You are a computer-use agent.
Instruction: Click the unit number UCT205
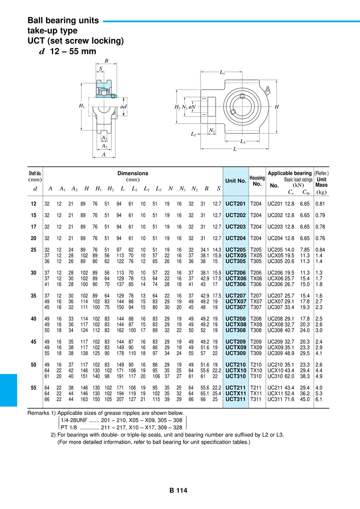tap(235, 249)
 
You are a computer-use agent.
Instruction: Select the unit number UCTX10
tap(236, 370)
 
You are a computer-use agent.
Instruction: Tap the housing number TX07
tap(256, 301)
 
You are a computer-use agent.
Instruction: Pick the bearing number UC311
tap(275, 399)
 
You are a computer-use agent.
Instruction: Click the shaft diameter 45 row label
tap(33, 342)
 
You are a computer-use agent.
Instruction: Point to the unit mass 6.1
tap(319, 399)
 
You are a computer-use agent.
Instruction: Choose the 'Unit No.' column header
tap(236, 181)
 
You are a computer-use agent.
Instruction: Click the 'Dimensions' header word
tap(133, 173)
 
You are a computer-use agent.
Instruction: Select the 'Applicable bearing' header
tap(290, 173)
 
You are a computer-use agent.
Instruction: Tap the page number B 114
tap(178, 490)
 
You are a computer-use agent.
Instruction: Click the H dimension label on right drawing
tap(277, 107)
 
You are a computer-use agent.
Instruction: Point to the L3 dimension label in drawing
tap(243, 141)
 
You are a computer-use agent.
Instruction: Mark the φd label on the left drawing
tap(123, 107)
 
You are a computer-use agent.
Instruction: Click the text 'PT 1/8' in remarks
tap(69, 427)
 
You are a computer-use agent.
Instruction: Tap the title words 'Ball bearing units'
tap(63, 21)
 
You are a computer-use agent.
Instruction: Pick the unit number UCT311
tap(235, 399)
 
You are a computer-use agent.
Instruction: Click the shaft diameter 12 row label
tap(33, 204)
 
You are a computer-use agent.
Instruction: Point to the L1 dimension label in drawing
tap(222, 72)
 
